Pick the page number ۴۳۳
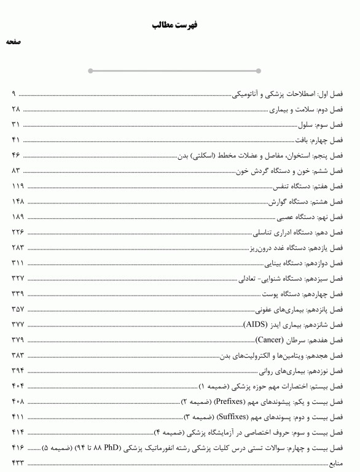[17, 463]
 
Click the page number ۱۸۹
[17, 217]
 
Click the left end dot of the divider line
[91, 71]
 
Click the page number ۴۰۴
[17, 386]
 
